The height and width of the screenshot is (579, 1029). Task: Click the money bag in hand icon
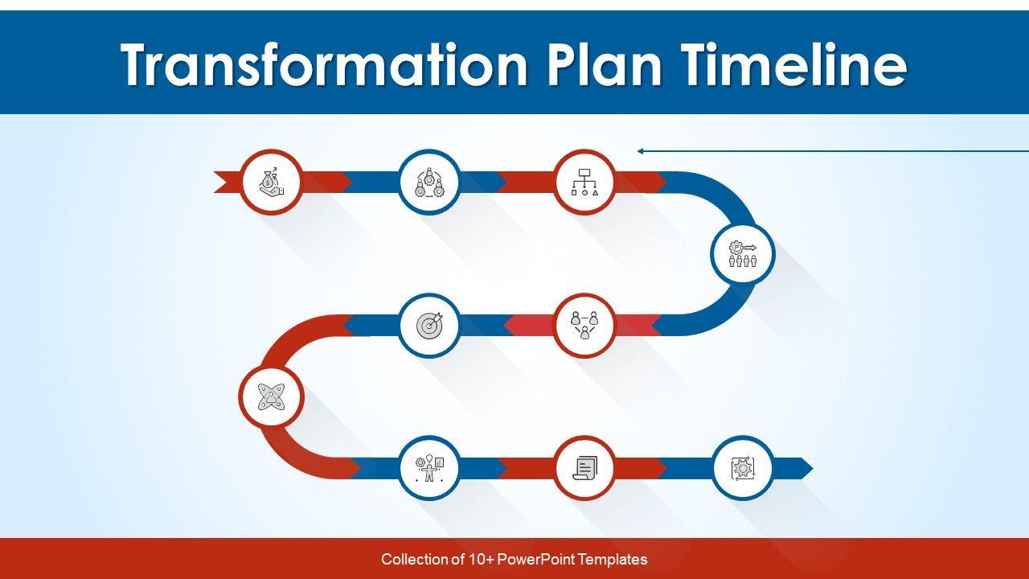(x=272, y=182)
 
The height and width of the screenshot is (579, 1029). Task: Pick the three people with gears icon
(x=429, y=182)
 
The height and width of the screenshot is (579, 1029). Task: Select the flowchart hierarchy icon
(x=584, y=182)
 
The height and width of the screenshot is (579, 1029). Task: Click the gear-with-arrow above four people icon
(x=742, y=253)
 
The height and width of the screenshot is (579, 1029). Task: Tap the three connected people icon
(x=584, y=326)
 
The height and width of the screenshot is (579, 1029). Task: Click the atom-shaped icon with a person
(x=272, y=396)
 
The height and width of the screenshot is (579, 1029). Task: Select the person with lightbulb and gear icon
(x=429, y=468)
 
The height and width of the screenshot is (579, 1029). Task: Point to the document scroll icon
(x=584, y=468)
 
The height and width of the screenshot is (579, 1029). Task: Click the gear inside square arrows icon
(x=742, y=468)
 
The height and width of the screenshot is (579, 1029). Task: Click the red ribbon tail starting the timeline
(x=228, y=182)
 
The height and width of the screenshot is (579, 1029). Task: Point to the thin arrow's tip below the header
(x=637, y=151)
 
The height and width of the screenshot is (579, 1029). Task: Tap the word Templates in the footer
(x=613, y=560)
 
